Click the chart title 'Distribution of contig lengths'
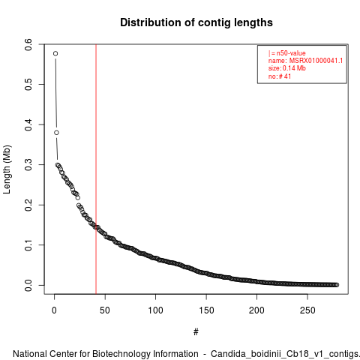(x=196, y=22)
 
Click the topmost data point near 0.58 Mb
(x=55, y=53)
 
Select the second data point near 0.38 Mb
(x=56, y=133)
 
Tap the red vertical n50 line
(x=96, y=169)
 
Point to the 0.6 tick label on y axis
(x=28, y=44)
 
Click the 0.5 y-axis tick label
(x=28, y=85)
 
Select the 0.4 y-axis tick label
(x=28, y=124)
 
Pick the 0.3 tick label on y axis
(x=28, y=165)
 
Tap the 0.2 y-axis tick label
(x=28, y=205)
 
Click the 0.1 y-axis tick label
(x=28, y=245)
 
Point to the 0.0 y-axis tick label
(x=28, y=285)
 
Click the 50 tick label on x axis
(x=105, y=310)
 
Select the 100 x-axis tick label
(x=155, y=310)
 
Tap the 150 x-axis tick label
(x=206, y=310)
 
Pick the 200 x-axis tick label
(x=256, y=310)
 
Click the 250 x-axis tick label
(x=307, y=310)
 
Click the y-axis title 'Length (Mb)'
(x=7, y=169)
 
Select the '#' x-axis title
(x=196, y=332)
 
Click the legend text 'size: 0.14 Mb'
(x=287, y=68)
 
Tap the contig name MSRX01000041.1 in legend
(x=316, y=61)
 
